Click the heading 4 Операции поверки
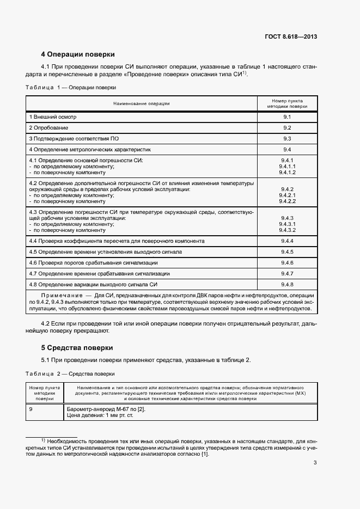pyautogui.click(x=78, y=54)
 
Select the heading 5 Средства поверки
pyautogui.click(x=77, y=347)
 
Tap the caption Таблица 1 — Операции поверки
pyautogui.click(x=70, y=87)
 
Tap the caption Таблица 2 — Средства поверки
pyautogui.click(x=70, y=374)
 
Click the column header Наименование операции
pyautogui.click(x=141, y=103)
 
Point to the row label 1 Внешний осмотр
pyautogui.click(x=53, y=117)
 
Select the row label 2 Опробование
pyautogui.click(x=48, y=127)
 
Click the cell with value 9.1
pyautogui.click(x=287, y=117)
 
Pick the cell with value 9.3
pyautogui.click(x=287, y=138)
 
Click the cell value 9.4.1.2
pyautogui.click(x=287, y=172)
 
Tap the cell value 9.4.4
pyautogui.click(x=287, y=241)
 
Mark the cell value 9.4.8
pyautogui.click(x=287, y=284)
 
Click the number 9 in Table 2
pyautogui.click(x=31, y=409)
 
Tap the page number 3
pyautogui.click(x=315, y=463)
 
